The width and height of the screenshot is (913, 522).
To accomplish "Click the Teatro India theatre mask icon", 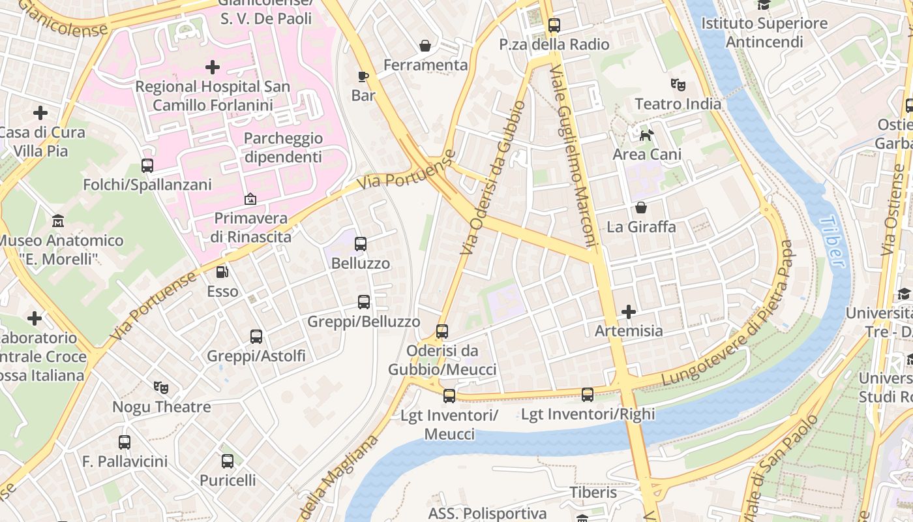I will pos(678,85).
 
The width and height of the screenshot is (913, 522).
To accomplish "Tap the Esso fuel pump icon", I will pos(222,272).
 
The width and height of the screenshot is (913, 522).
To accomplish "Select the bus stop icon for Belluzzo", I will pos(361,244).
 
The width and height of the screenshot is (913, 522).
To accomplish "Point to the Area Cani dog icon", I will pos(646,135).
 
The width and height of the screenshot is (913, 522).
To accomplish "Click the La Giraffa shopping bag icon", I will pos(641,207).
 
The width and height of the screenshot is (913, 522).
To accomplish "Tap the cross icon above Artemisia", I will pos(629,312).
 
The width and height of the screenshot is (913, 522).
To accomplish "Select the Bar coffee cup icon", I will pos(363,76).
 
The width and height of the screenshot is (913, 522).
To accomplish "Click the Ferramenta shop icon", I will pos(425,46).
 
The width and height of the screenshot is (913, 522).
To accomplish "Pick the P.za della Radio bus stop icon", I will pos(554,25).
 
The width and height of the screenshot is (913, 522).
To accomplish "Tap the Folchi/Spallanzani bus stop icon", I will pos(147,166).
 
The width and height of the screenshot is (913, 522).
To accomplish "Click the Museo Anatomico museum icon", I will pos(58,221).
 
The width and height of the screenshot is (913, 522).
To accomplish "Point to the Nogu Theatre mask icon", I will pos(161,388).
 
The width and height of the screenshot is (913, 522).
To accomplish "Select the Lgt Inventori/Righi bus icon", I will pos(588,394).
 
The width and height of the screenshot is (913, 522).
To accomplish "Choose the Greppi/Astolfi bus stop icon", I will pos(256,337).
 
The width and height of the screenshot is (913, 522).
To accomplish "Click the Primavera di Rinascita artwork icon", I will pos(250,199).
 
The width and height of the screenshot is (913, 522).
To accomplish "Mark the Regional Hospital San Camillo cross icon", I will pos(213,67).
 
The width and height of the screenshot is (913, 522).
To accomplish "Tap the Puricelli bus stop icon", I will pos(228,461).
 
